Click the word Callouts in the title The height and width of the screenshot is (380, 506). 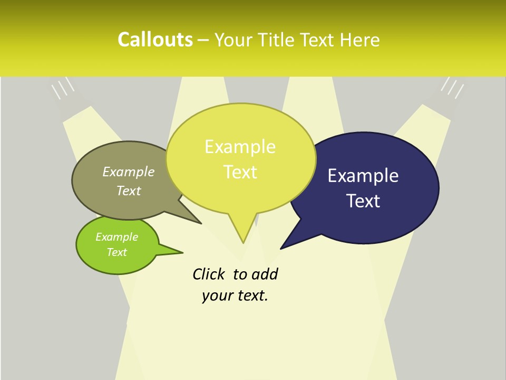(x=155, y=40)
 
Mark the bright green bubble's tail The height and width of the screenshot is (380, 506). (x=177, y=252)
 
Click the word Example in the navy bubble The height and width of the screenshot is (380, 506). (x=363, y=176)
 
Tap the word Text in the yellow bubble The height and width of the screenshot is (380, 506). (x=240, y=172)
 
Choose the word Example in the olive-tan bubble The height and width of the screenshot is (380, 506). (x=129, y=172)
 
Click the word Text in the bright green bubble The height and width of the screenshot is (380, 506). (x=117, y=252)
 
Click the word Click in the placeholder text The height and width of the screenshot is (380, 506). (x=210, y=274)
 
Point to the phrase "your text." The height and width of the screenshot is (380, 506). (x=235, y=296)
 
